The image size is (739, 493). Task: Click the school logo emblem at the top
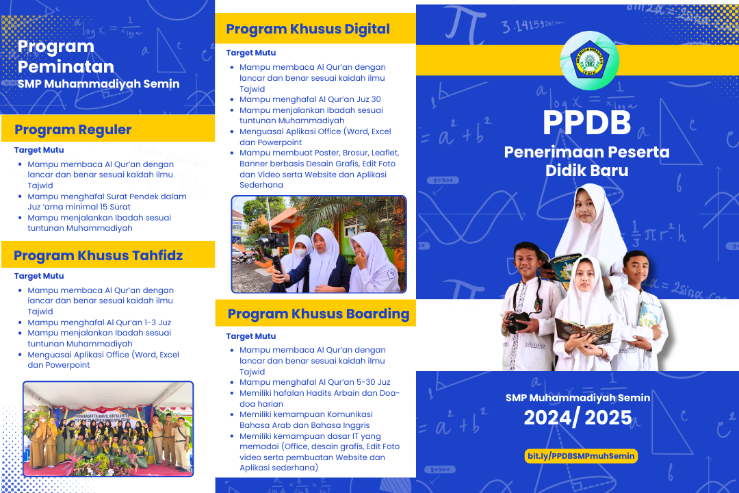[589, 60]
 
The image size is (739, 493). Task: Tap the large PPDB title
[587, 123]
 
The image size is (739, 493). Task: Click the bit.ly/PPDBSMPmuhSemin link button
[581, 456]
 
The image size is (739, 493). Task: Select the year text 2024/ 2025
[578, 418]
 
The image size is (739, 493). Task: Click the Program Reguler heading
[73, 129]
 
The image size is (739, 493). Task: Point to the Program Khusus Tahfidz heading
[98, 255]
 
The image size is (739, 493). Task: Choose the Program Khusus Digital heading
[308, 29]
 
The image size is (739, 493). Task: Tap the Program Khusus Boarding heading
[319, 314]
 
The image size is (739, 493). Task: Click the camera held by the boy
[519, 323]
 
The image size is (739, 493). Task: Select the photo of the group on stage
[108, 429]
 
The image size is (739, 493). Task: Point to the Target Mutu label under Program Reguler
[39, 150]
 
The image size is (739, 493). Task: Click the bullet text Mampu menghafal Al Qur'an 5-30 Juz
[315, 382]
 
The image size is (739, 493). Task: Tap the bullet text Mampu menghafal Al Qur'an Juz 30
[310, 99]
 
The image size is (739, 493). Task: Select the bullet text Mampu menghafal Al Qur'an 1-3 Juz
[99, 323]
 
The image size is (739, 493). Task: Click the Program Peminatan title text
[66, 57]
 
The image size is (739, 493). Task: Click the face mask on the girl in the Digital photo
[300, 253]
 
